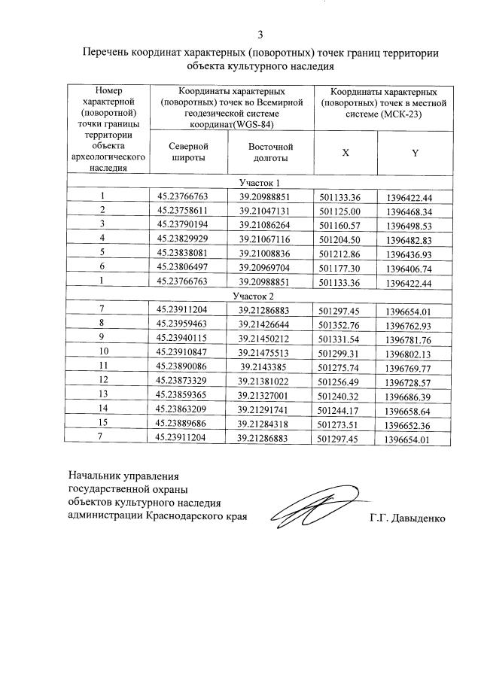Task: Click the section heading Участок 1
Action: point(260,182)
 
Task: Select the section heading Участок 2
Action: point(260,296)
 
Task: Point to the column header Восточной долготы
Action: point(270,153)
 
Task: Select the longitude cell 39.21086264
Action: point(269,225)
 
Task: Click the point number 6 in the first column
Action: point(102,267)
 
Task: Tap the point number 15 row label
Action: point(103,423)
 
